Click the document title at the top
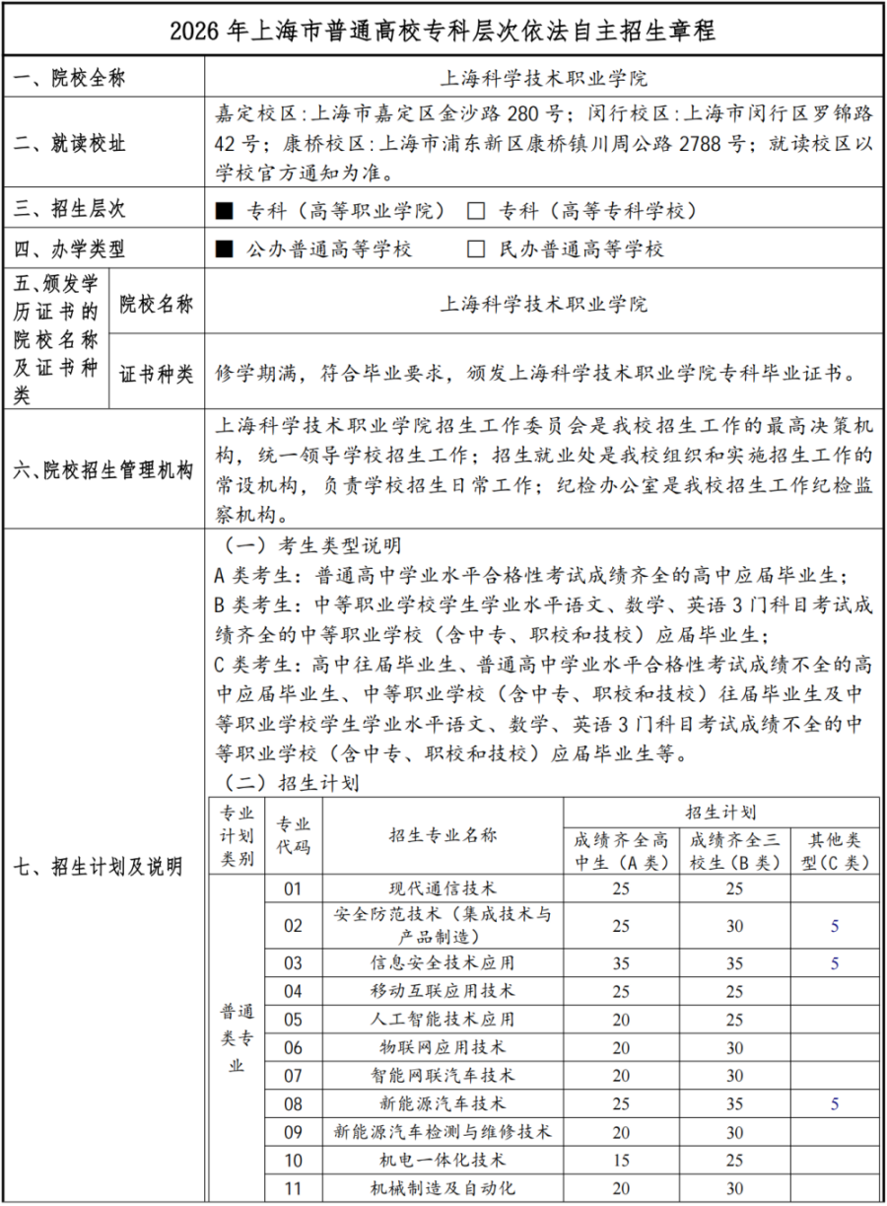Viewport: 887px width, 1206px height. (443, 30)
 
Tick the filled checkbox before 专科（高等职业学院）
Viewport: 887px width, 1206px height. (224, 210)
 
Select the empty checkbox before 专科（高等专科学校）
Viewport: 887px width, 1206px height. (477, 210)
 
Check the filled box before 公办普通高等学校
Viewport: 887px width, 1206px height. (224, 248)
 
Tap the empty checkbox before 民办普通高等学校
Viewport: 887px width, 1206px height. (477, 248)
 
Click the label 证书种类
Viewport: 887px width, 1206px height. (157, 374)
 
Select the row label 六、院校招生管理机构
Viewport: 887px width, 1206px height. (103, 469)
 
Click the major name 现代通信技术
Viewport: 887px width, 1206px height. (443, 888)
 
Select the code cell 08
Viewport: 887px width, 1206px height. (294, 1103)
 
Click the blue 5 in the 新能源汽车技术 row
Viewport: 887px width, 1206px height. (835, 1103)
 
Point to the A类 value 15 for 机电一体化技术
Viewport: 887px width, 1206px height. (621, 1161)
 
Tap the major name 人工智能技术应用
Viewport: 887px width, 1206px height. (443, 1019)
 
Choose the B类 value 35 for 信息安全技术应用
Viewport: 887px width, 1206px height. (734, 962)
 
